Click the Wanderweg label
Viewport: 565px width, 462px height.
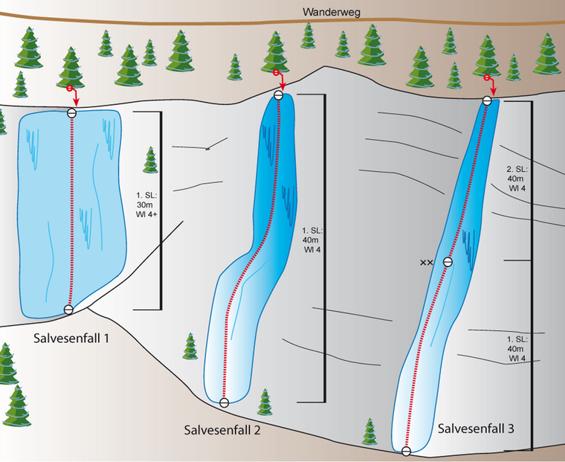[x=331, y=12]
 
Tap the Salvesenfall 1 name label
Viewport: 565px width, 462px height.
[x=71, y=339]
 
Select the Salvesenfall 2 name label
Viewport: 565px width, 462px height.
[x=222, y=430]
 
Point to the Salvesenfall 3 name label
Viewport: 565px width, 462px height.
[x=476, y=429]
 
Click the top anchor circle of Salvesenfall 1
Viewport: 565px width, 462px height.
[x=71, y=113]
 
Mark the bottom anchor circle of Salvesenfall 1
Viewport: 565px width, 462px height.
[x=68, y=309]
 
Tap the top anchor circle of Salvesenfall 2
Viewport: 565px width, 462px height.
[x=278, y=95]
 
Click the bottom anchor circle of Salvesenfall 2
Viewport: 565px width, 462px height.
[x=224, y=402]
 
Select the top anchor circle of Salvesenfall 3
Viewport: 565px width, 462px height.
[x=487, y=100]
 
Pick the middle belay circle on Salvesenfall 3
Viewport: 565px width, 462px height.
[x=448, y=262]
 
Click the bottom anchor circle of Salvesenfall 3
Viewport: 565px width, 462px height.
[x=406, y=451]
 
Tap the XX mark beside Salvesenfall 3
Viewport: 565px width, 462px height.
[x=426, y=263]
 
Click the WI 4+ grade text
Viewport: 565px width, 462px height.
[x=146, y=214]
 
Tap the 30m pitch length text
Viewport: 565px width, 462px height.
[x=144, y=205]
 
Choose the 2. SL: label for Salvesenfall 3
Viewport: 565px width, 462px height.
[x=517, y=169]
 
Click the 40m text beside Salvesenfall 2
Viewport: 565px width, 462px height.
[x=310, y=240]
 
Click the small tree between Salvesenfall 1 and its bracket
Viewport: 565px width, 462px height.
[x=151, y=160]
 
